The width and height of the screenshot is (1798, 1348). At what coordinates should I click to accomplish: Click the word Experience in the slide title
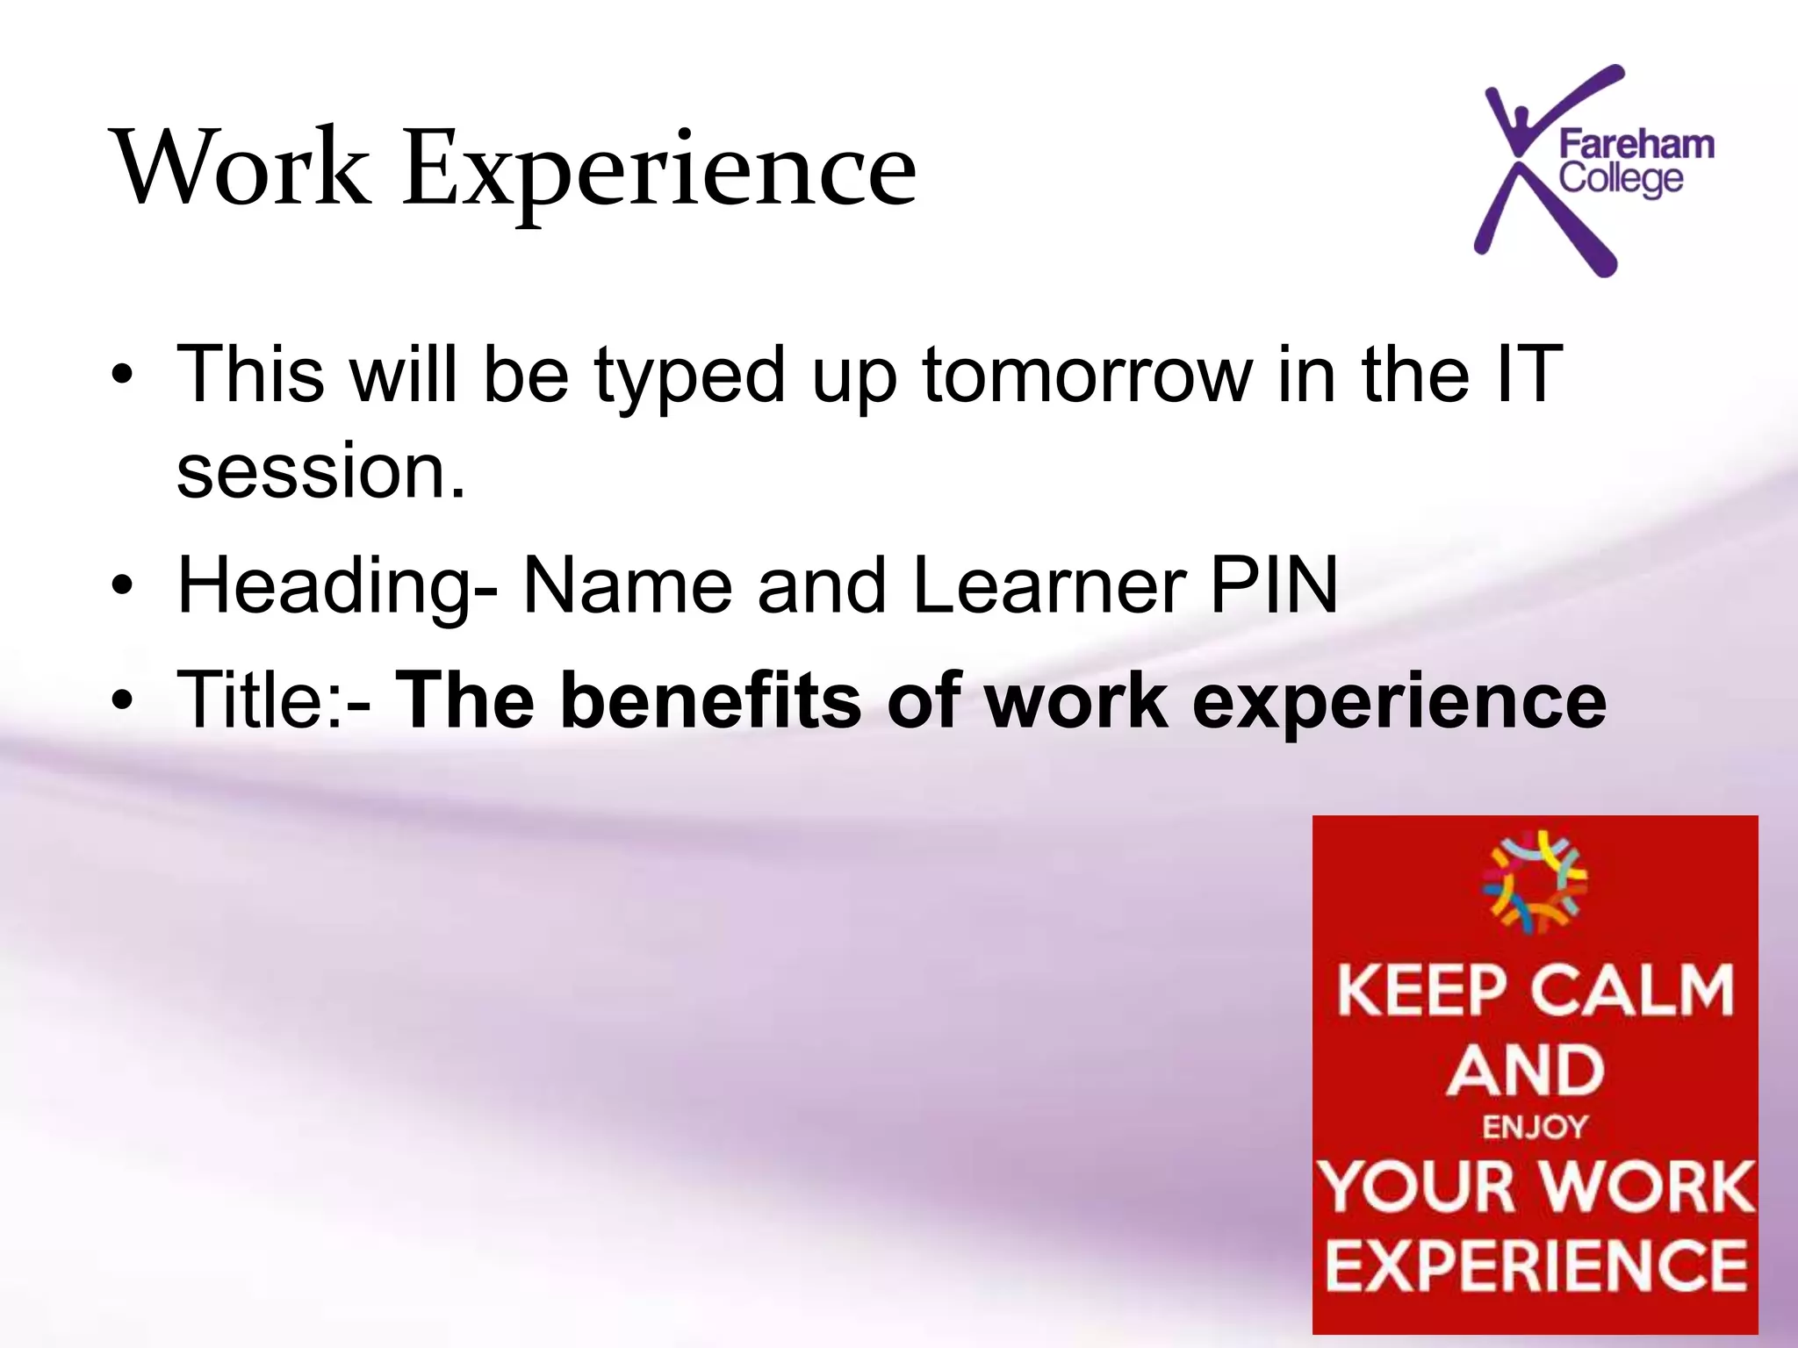click(x=659, y=171)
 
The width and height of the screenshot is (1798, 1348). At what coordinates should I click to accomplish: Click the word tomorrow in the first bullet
click(x=1087, y=376)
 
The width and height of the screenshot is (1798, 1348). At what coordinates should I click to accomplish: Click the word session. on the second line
click(x=320, y=471)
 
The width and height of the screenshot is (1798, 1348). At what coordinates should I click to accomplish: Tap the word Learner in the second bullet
click(x=1049, y=585)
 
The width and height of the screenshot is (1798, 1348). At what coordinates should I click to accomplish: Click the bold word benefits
click(x=711, y=699)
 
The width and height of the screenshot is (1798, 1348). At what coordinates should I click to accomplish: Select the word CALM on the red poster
click(x=1635, y=990)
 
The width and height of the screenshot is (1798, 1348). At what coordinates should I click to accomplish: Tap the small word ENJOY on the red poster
click(x=1535, y=1127)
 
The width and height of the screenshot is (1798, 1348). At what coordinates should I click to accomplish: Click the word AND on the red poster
click(x=1526, y=1071)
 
